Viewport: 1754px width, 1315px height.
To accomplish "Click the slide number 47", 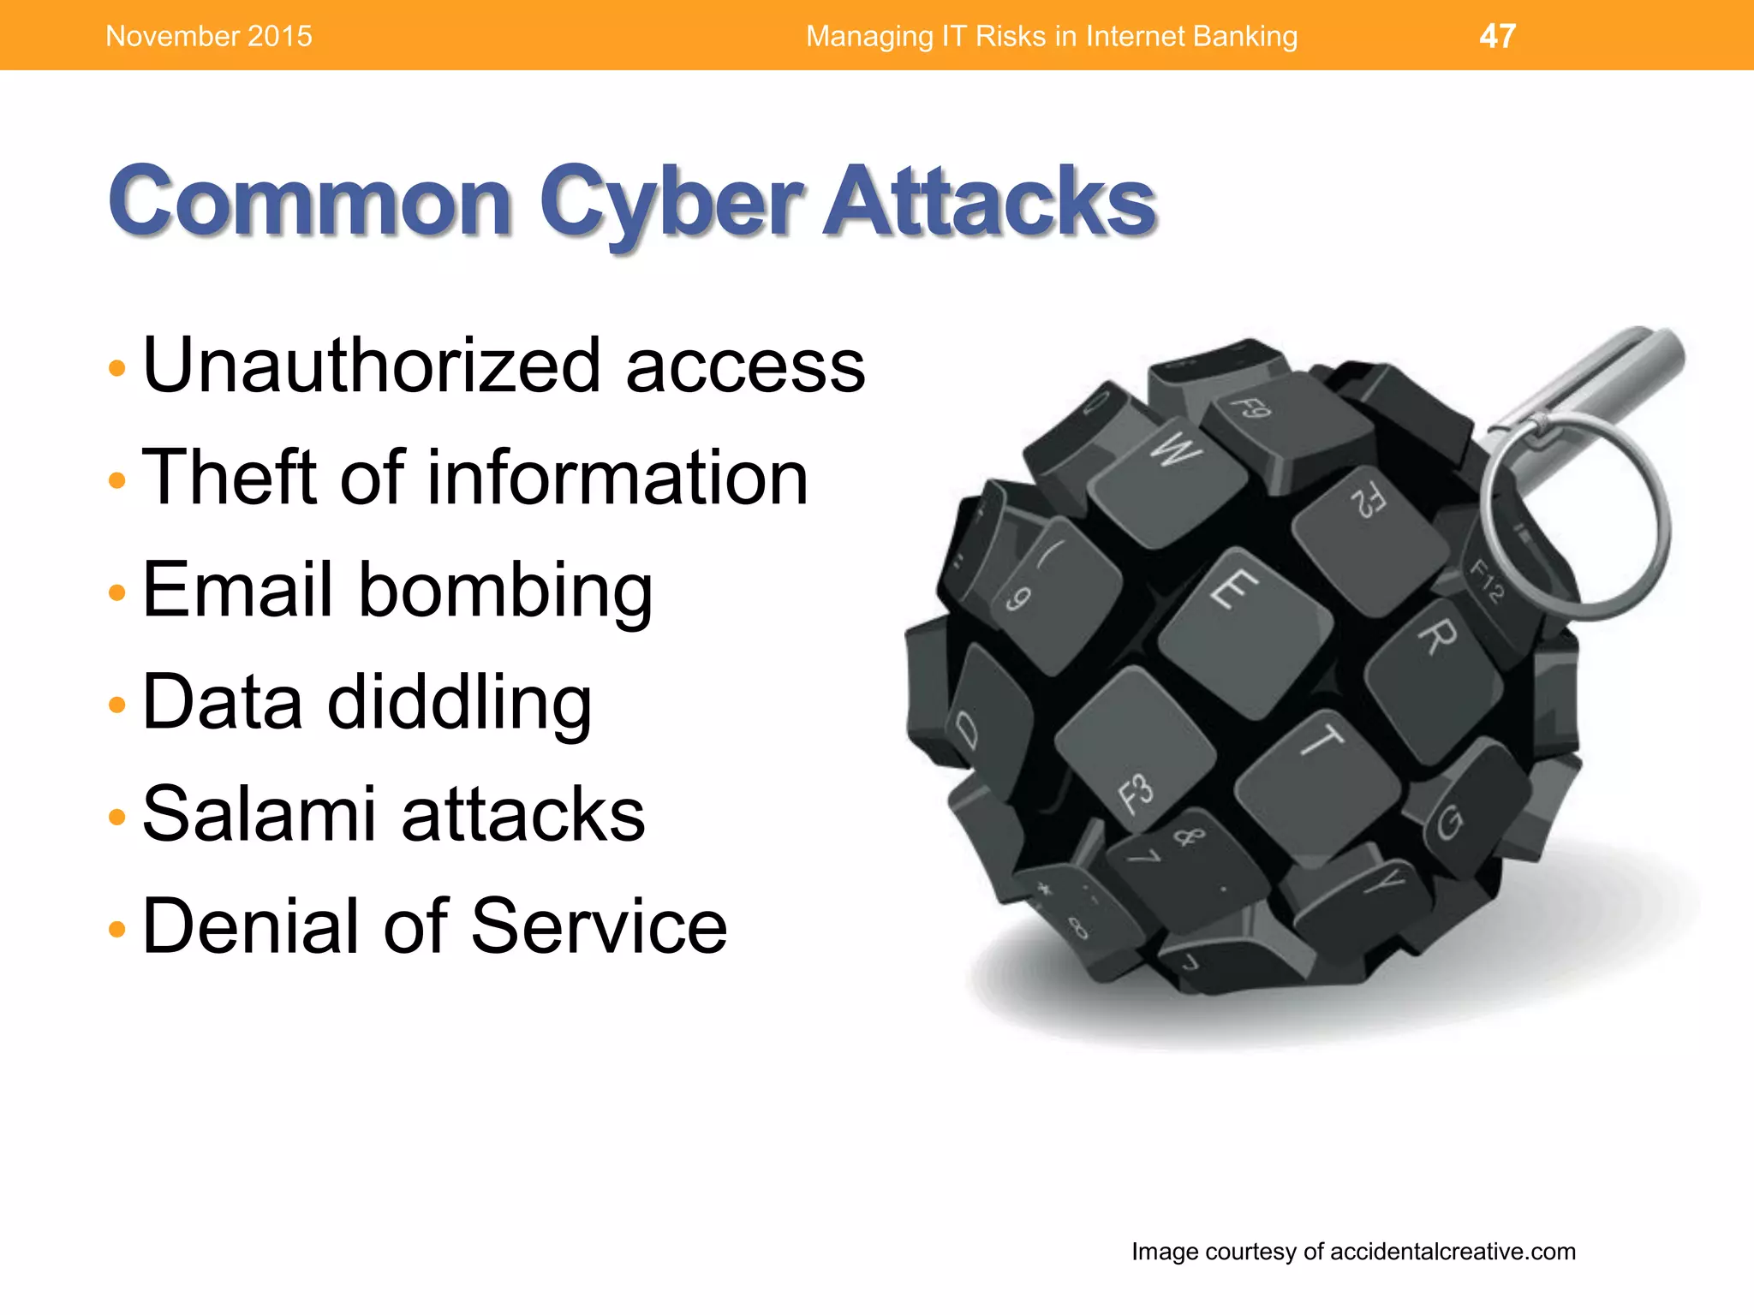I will tap(1497, 36).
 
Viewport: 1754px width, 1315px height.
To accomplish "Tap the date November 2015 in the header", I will tap(209, 36).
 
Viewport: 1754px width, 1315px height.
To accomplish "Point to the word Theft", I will tap(230, 478).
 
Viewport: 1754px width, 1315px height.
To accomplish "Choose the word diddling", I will tap(460, 702).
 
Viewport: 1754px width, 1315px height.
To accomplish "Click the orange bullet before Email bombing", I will tap(117, 592).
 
